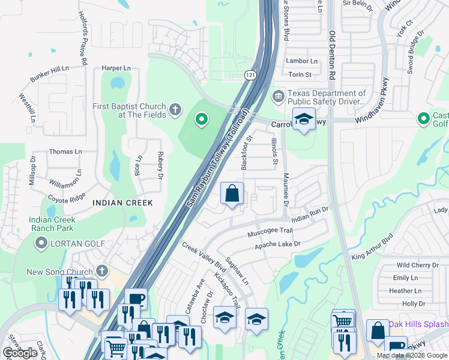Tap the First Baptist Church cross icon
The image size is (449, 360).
(175, 109)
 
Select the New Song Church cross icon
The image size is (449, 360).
(103, 272)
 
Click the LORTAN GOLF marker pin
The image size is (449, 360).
(41, 243)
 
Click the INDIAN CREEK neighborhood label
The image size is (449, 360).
(122, 203)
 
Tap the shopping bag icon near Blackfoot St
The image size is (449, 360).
(232, 194)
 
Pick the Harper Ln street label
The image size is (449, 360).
(116, 68)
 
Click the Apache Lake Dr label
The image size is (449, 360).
(277, 244)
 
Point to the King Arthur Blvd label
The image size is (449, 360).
(372, 247)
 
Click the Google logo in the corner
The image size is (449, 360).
(20, 353)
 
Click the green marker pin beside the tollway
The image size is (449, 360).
(201, 121)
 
